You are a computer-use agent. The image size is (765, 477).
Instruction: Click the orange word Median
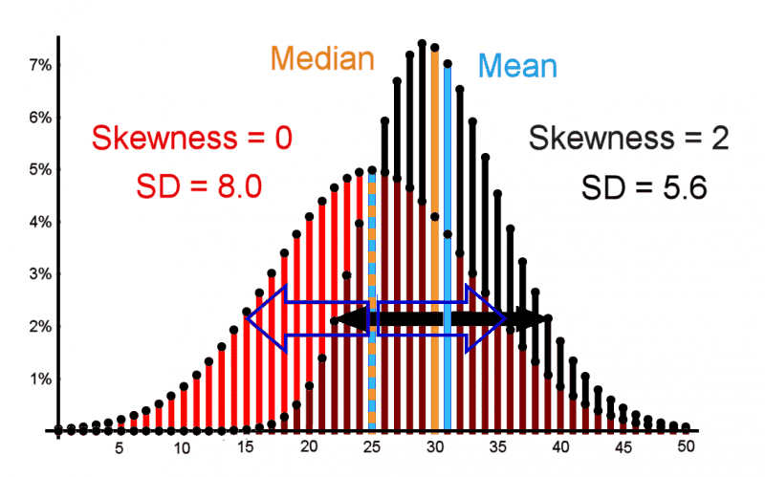pos(321,58)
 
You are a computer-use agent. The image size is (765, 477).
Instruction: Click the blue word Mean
pos(517,67)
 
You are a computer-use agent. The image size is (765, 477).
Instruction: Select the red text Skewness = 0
pos(191,139)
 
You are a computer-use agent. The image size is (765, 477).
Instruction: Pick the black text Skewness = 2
pos(630,141)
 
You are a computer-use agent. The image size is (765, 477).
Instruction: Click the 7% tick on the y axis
pos(38,65)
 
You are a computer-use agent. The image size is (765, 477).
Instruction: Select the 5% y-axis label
pos(38,170)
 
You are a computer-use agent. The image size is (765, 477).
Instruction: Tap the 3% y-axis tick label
pos(38,274)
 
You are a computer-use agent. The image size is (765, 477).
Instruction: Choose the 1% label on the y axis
pos(38,379)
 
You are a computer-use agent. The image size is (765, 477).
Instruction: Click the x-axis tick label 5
pos(120,445)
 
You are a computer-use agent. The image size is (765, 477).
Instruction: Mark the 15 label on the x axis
pos(245,445)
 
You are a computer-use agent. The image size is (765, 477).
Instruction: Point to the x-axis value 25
pos(371,445)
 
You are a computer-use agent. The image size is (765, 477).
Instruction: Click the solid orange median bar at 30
pos(435,239)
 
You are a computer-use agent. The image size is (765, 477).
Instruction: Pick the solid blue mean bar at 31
pos(448,239)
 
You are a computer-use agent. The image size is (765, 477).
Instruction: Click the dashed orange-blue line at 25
pos(371,287)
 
